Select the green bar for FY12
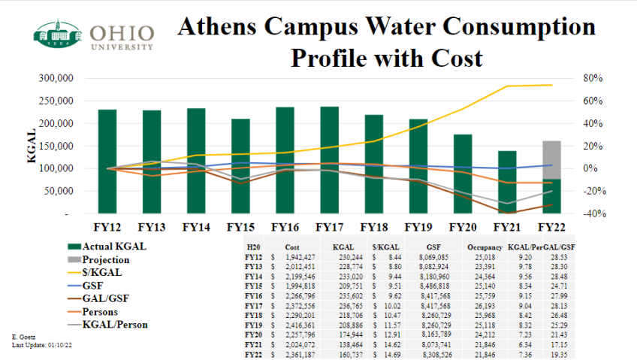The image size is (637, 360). tap(107, 162)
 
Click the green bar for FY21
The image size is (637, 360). tap(506, 182)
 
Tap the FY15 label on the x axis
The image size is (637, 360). tap(240, 226)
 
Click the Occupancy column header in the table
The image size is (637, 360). tap(484, 247)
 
